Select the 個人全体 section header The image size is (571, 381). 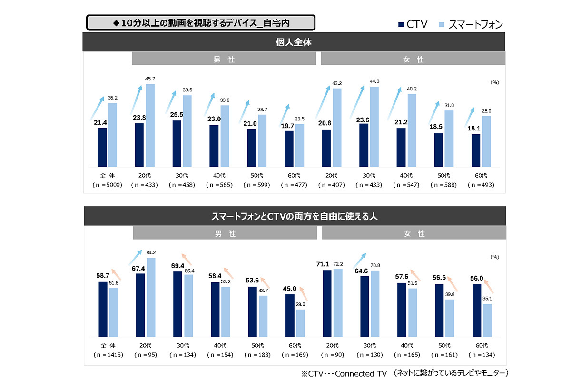293,42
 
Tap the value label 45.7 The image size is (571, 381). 150,78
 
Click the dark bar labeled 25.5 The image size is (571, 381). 177,143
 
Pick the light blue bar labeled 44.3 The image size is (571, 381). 374,127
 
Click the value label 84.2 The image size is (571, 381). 151,253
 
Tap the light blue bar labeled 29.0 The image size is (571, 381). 300,323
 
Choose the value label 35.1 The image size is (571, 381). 486,299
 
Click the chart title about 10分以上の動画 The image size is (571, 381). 200,23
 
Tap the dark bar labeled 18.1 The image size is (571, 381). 475,150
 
